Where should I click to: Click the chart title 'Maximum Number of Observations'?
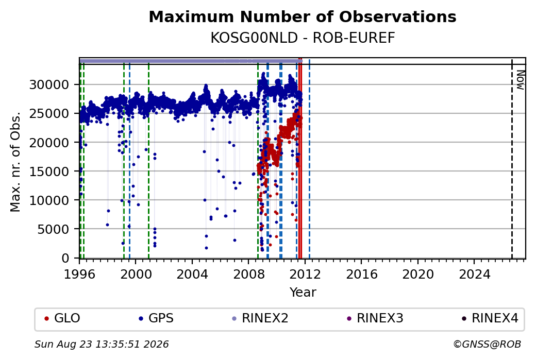pyautogui.click(x=303, y=16)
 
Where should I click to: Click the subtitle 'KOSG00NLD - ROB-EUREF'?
pyautogui.click(x=303, y=38)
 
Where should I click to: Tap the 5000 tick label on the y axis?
pyautogui.click(x=53, y=229)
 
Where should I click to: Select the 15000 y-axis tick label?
pyautogui.click(x=49, y=171)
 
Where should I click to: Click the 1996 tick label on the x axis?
pyautogui.click(x=79, y=275)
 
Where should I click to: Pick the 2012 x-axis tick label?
pyautogui.click(x=305, y=275)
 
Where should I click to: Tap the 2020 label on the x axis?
pyautogui.click(x=418, y=275)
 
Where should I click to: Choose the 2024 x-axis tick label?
pyautogui.click(x=474, y=275)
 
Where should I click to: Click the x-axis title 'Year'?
pyautogui.click(x=303, y=293)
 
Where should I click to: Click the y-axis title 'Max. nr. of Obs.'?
pyautogui.click(x=15, y=161)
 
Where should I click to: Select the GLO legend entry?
pyautogui.click(x=62, y=318)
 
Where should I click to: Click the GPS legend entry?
pyautogui.click(x=156, y=318)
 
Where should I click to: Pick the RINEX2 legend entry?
pyautogui.click(x=260, y=318)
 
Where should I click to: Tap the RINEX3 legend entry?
pyautogui.click(x=375, y=318)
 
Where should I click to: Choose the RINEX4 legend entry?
pyautogui.click(x=490, y=318)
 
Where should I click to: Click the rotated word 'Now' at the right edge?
pyautogui.click(x=521, y=80)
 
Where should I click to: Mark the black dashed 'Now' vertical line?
pyautogui.click(x=512, y=159)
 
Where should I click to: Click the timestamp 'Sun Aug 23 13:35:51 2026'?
pyautogui.click(x=102, y=344)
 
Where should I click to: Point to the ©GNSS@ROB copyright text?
pyautogui.click(x=487, y=344)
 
